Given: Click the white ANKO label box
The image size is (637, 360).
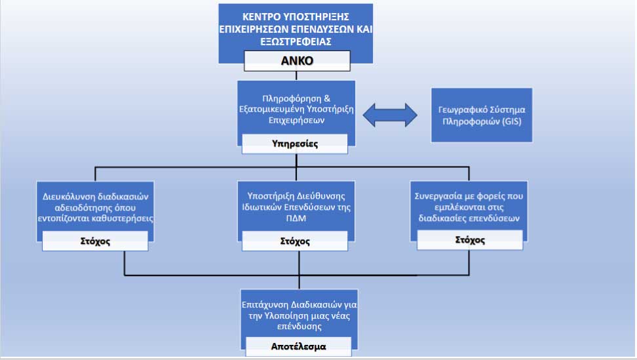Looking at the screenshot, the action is tap(297, 61).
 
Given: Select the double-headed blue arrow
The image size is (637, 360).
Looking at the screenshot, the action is tap(390, 115).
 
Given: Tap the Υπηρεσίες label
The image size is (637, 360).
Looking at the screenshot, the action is tap(295, 144).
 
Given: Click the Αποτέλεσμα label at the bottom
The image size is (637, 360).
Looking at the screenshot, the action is tap(299, 347).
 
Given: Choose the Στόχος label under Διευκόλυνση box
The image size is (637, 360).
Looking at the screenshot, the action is tap(95, 241).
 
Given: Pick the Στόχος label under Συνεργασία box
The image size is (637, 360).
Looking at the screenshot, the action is tap(470, 240).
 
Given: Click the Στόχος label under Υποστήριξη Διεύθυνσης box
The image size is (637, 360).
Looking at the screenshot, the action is tap(295, 241).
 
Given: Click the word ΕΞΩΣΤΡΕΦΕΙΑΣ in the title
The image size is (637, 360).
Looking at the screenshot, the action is tap(296, 41).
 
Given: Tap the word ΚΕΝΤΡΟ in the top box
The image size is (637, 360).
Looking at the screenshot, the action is tap(261, 16).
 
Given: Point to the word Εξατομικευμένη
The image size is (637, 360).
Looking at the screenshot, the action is tap(272, 110).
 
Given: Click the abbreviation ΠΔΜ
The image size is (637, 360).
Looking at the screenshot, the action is tap(296, 218).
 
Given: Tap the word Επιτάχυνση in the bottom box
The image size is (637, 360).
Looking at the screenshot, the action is tap(261, 305).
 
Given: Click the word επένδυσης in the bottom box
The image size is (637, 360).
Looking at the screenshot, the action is tap(299, 327).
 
